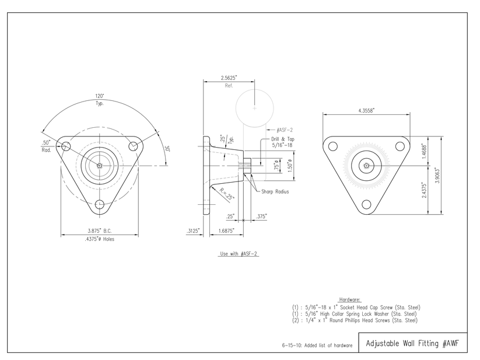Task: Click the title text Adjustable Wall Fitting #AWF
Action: click(x=412, y=343)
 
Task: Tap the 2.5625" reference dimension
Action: click(x=229, y=78)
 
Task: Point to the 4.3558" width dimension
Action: click(x=366, y=110)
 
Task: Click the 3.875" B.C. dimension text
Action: click(x=100, y=231)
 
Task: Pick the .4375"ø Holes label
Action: click(x=101, y=239)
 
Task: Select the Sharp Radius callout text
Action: click(x=274, y=191)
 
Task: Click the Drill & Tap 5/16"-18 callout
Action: click(x=282, y=142)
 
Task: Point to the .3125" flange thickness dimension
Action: click(x=193, y=231)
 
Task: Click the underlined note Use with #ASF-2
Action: click(x=238, y=254)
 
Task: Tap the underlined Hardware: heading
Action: click(x=350, y=299)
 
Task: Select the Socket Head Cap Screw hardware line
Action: click(x=356, y=307)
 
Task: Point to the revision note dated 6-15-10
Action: click(x=317, y=345)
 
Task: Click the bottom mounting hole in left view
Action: click(x=100, y=204)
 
